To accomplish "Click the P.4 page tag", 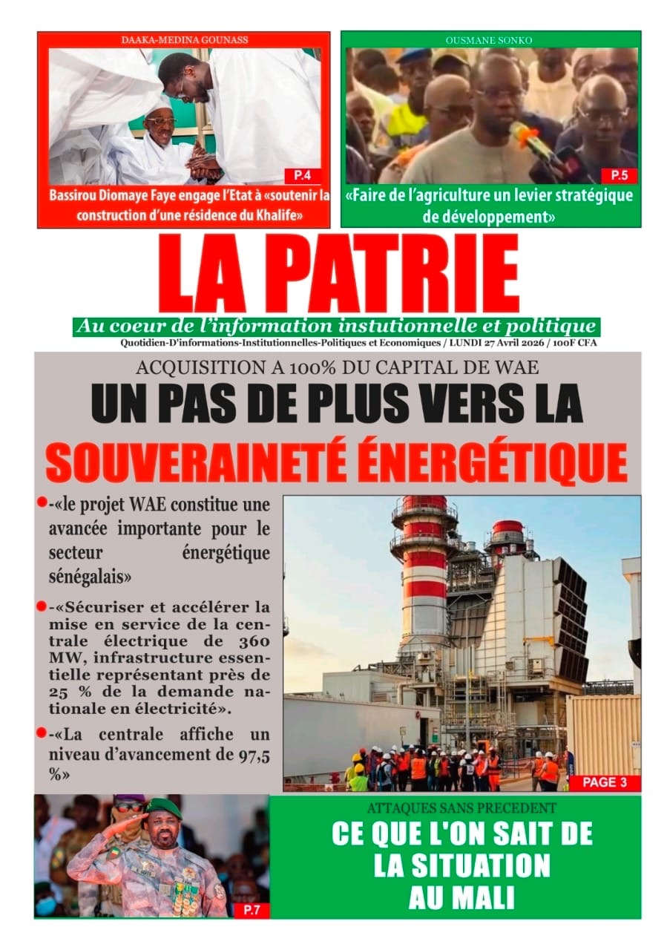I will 301,176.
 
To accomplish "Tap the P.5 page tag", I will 617,176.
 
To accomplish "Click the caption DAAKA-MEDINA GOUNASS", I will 184,40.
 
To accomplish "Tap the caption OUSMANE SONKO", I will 490,40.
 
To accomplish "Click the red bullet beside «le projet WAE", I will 42,503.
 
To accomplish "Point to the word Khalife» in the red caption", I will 280,215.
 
